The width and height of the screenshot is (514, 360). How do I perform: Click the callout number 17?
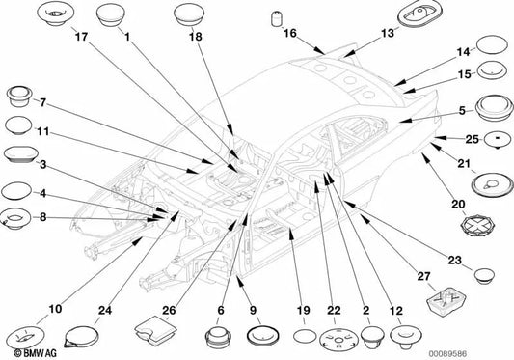(x=82, y=36)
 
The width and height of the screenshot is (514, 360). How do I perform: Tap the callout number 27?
(x=423, y=276)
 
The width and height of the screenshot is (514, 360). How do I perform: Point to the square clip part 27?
(x=446, y=301)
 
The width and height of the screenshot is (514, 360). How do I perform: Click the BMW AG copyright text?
(x=35, y=353)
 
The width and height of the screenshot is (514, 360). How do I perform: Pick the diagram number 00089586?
(x=448, y=354)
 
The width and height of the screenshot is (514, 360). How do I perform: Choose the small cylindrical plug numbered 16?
(x=278, y=18)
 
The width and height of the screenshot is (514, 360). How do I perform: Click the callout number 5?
(x=462, y=111)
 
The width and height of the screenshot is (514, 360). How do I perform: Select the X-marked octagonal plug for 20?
(x=477, y=226)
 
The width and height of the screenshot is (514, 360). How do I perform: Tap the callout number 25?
(x=472, y=139)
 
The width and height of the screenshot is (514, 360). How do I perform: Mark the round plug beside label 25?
(x=498, y=140)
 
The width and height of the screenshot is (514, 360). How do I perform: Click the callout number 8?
(x=43, y=217)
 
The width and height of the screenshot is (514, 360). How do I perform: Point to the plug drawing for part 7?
(x=19, y=97)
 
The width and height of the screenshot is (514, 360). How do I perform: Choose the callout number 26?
(x=169, y=310)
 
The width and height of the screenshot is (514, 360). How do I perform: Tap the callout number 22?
(x=334, y=310)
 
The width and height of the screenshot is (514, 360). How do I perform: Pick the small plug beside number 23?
(x=484, y=276)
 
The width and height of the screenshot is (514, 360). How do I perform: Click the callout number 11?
(x=42, y=131)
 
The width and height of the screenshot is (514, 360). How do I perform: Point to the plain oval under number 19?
(x=305, y=336)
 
